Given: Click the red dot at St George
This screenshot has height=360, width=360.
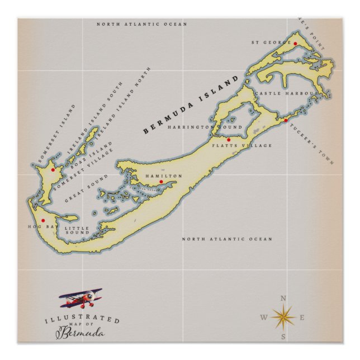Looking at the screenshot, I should coord(295,43).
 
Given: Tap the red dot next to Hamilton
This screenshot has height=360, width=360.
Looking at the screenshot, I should coord(161,182).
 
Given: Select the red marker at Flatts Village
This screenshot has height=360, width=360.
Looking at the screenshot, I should coord(228,139).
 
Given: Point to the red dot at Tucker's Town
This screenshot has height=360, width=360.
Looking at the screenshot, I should coord(285,120).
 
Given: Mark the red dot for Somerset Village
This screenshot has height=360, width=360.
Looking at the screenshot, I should coord(53,169).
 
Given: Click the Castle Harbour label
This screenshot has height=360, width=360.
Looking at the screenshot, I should coord(286,93).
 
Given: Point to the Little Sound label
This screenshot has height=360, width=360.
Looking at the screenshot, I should coord(77,230).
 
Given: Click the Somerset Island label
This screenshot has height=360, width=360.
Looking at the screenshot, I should coord(56,134).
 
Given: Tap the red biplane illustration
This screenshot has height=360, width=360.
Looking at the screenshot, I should coord(81,299).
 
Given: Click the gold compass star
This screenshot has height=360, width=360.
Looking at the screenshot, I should coord(283,318).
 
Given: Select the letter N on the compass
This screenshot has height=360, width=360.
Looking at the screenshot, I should coord(283,298).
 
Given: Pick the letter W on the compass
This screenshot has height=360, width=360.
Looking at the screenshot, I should coord(263,318).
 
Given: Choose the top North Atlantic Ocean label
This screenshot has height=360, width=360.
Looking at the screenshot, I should coord(141,25).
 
